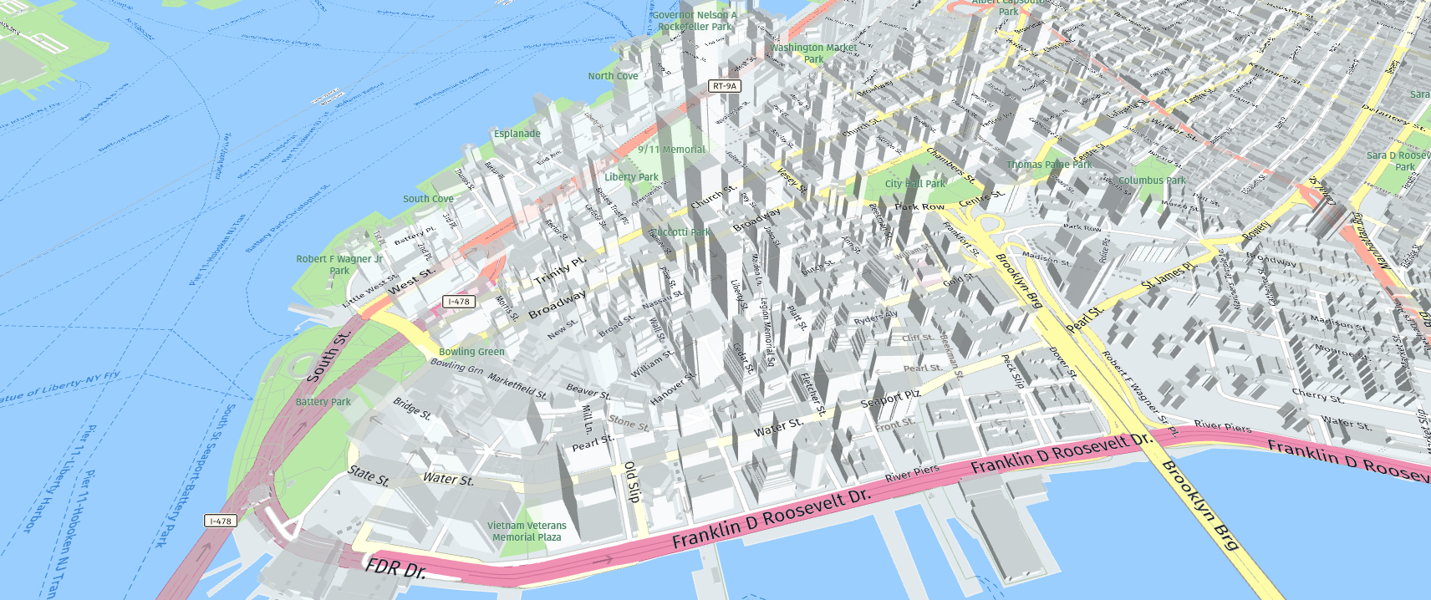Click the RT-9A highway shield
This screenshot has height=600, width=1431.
tap(724, 86)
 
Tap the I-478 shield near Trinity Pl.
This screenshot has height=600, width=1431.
tap(459, 302)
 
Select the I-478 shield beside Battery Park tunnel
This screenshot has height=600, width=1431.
tap(221, 521)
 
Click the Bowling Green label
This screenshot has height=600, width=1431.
tap(471, 352)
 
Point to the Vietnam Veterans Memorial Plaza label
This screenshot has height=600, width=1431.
tap(527, 531)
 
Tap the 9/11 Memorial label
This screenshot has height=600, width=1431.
tap(671, 150)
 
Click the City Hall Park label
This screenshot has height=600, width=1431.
tap(914, 184)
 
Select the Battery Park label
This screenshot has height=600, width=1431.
tap(323, 402)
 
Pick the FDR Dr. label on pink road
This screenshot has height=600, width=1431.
tap(395, 569)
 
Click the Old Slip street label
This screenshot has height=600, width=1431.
tap(632, 481)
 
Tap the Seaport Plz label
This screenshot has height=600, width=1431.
tap(890, 399)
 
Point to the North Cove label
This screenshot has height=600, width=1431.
tap(613, 76)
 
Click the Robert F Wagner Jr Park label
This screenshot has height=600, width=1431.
tap(339, 265)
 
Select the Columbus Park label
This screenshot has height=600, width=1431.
tap(1152, 181)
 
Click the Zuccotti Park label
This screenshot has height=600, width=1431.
tap(680, 232)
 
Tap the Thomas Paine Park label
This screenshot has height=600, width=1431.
tap(1049, 165)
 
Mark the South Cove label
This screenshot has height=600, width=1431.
tap(428, 199)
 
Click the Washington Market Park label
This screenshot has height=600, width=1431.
tap(813, 53)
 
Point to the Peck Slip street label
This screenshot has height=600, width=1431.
tap(1012, 371)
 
